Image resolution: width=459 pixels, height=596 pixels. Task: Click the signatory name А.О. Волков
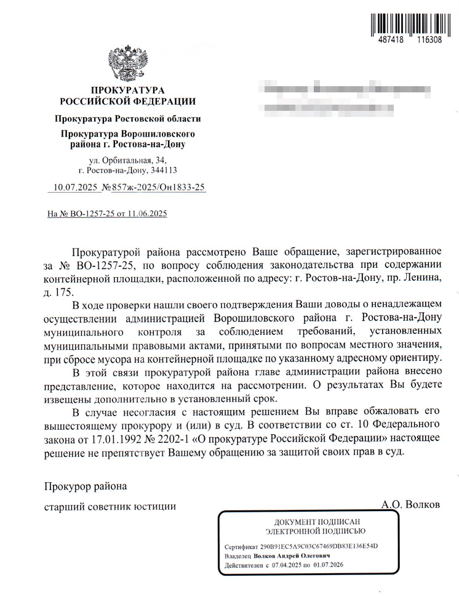point(410,505)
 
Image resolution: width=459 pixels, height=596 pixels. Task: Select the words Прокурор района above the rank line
point(85,486)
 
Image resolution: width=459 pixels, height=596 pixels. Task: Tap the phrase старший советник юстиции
point(110,506)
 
